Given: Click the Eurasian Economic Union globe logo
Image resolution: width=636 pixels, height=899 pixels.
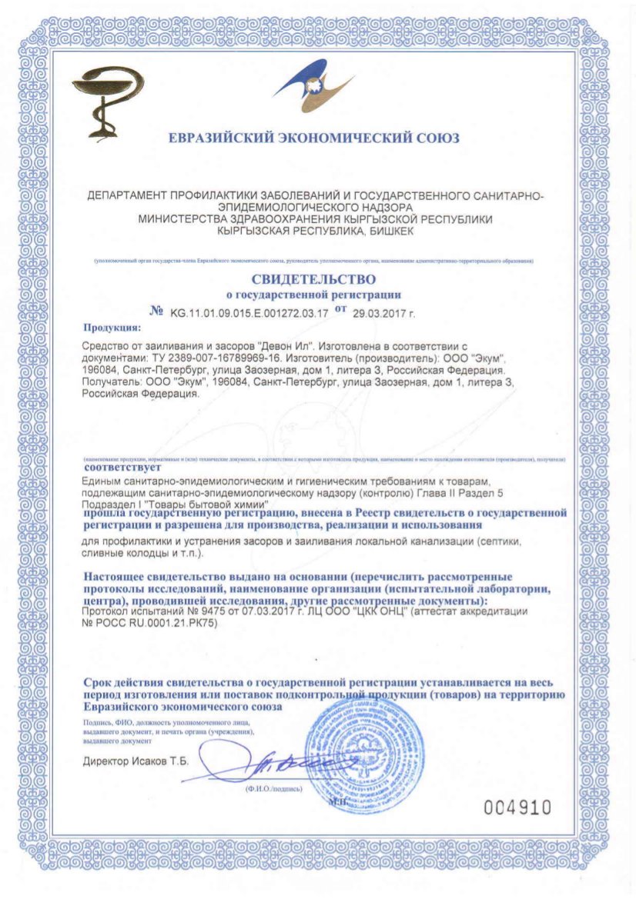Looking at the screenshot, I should [x=316, y=89].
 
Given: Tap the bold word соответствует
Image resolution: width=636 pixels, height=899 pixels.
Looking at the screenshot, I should [x=122, y=467].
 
